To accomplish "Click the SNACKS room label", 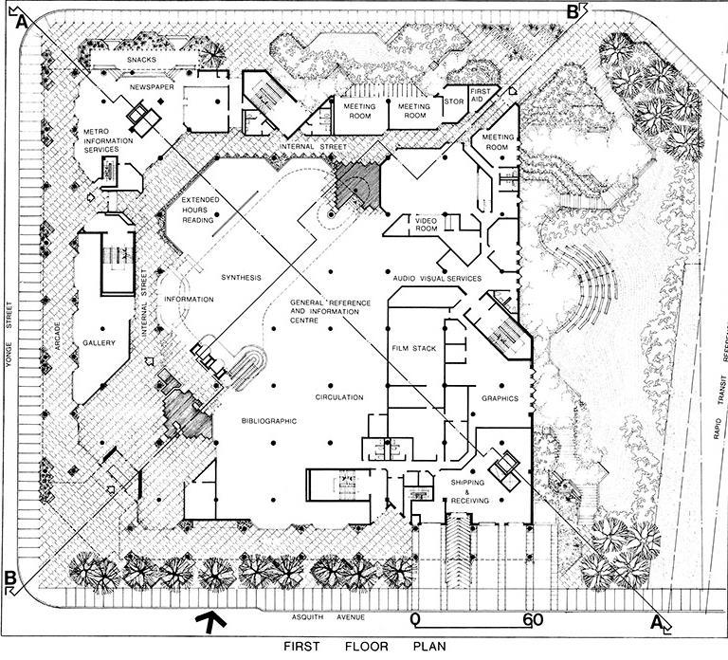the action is (x=148, y=60).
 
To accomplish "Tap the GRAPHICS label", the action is (x=500, y=398).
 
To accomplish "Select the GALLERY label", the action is (x=99, y=343).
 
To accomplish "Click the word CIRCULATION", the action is (x=340, y=396).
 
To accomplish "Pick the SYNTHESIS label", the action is (x=241, y=277).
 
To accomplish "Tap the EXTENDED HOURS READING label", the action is (x=200, y=209).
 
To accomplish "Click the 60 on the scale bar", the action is (x=531, y=621).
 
